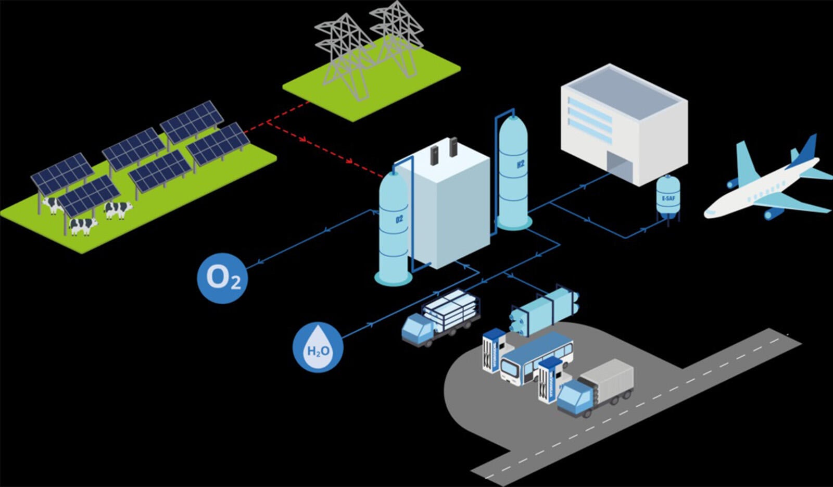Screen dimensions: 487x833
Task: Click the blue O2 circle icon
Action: click(x=222, y=278)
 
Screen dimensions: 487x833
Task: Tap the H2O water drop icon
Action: click(x=318, y=347)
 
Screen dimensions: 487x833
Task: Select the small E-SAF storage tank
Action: click(x=668, y=197)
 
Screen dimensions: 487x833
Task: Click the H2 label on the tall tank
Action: click(x=520, y=164)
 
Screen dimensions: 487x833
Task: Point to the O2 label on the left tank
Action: click(x=399, y=219)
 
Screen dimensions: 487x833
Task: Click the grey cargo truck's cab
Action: click(x=575, y=397)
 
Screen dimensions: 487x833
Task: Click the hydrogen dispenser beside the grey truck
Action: click(x=548, y=381)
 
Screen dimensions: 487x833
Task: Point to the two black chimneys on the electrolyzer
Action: click(x=444, y=152)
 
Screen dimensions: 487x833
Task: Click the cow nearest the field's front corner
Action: click(x=83, y=226)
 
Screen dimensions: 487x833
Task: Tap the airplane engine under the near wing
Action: click(x=774, y=213)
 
